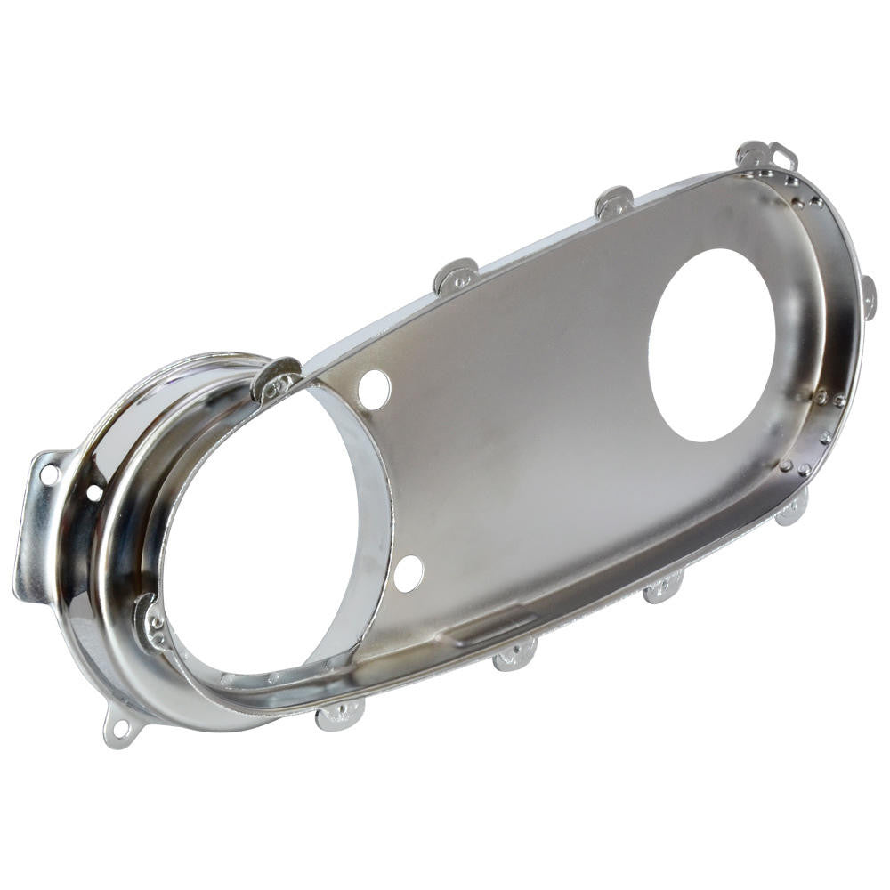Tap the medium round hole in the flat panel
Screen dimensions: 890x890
click(711, 345)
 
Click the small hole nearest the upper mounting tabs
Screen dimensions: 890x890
click(374, 389)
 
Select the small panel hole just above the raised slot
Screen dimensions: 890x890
click(409, 573)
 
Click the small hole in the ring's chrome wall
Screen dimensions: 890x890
click(94, 492)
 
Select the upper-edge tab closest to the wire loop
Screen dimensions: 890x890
click(614, 202)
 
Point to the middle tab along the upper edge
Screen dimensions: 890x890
click(456, 276)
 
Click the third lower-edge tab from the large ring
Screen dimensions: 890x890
click(663, 587)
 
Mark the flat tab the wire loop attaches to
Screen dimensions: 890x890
click(754, 155)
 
